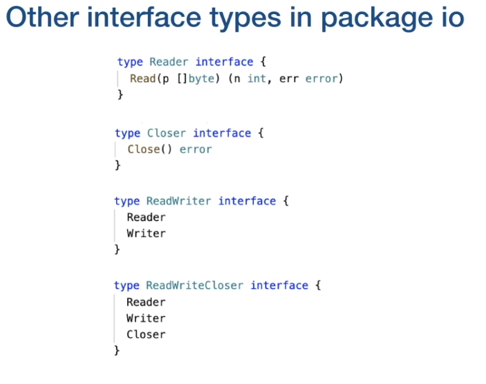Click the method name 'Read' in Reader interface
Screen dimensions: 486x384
click(x=143, y=78)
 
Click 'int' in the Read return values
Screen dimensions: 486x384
click(x=256, y=78)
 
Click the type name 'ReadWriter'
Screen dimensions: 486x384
click(x=178, y=201)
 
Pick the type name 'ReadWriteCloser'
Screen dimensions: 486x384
click(x=194, y=285)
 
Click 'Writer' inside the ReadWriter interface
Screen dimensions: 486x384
click(x=146, y=234)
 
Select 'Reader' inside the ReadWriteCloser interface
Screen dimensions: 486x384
click(x=146, y=302)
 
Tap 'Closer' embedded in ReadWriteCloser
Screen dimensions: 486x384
click(x=146, y=334)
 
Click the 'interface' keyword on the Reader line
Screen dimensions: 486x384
click(x=224, y=62)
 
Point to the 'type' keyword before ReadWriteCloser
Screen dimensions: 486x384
click(x=127, y=285)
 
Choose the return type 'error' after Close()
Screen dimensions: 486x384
click(x=196, y=149)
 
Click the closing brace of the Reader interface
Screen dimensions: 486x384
click(x=120, y=94)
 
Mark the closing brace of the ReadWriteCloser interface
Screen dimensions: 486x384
click(x=117, y=350)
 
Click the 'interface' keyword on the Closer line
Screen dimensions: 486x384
click(x=222, y=133)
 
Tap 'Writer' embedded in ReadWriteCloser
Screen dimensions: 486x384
click(x=146, y=319)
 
